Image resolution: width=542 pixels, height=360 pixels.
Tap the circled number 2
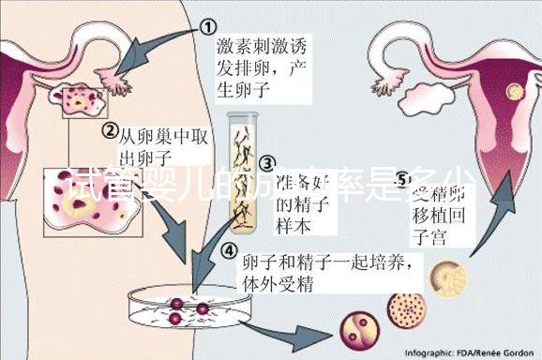pos(110,131)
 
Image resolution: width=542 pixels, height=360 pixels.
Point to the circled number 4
pos(229,250)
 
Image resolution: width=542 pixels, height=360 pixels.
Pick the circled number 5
pos(404,178)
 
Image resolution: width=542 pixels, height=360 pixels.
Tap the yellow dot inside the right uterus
pos(513,90)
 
